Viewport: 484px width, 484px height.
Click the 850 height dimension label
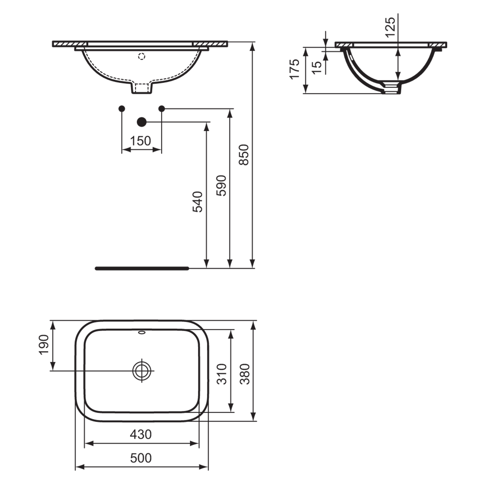click(243, 155)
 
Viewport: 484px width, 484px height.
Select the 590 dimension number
click(221, 186)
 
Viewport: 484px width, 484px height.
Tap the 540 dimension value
click(197, 202)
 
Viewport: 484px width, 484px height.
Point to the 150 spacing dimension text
click(141, 141)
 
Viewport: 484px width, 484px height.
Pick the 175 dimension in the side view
click(295, 69)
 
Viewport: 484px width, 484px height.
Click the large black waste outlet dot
click(142, 122)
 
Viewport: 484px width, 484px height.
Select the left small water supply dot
click(121, 108)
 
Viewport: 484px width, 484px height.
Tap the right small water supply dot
click(162, 108)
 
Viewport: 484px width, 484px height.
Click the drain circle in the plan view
click(142, 371)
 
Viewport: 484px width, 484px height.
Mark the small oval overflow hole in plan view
click(142, 333)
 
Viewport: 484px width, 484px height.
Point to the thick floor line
click(142, 269)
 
